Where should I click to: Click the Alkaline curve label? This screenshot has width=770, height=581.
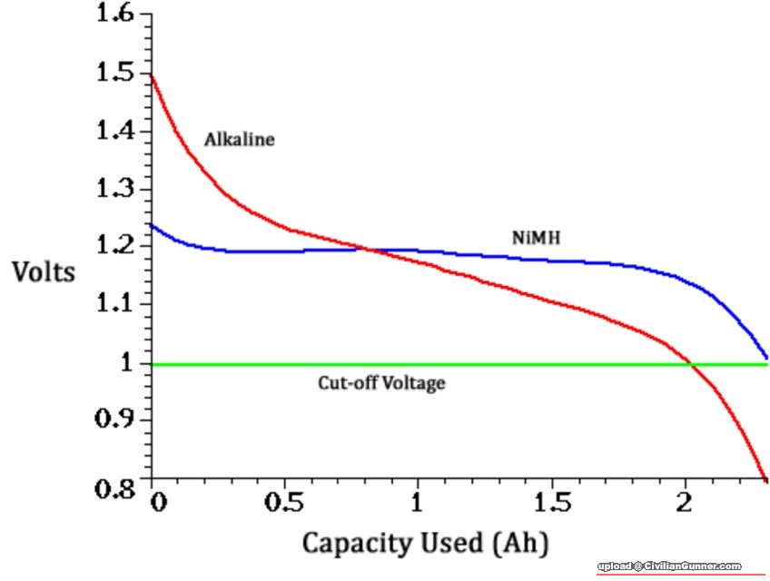point(239,140)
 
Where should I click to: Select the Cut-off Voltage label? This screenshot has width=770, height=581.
point(381,383)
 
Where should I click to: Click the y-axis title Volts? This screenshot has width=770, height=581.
point(44,271)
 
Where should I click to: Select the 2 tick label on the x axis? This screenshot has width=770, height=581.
point(685,502)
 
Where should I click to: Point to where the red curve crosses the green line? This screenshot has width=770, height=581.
point(692,365)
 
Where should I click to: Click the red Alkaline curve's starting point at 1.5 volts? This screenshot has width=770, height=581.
point(152,74)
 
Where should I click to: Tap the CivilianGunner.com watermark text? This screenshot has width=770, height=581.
point(669,566)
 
